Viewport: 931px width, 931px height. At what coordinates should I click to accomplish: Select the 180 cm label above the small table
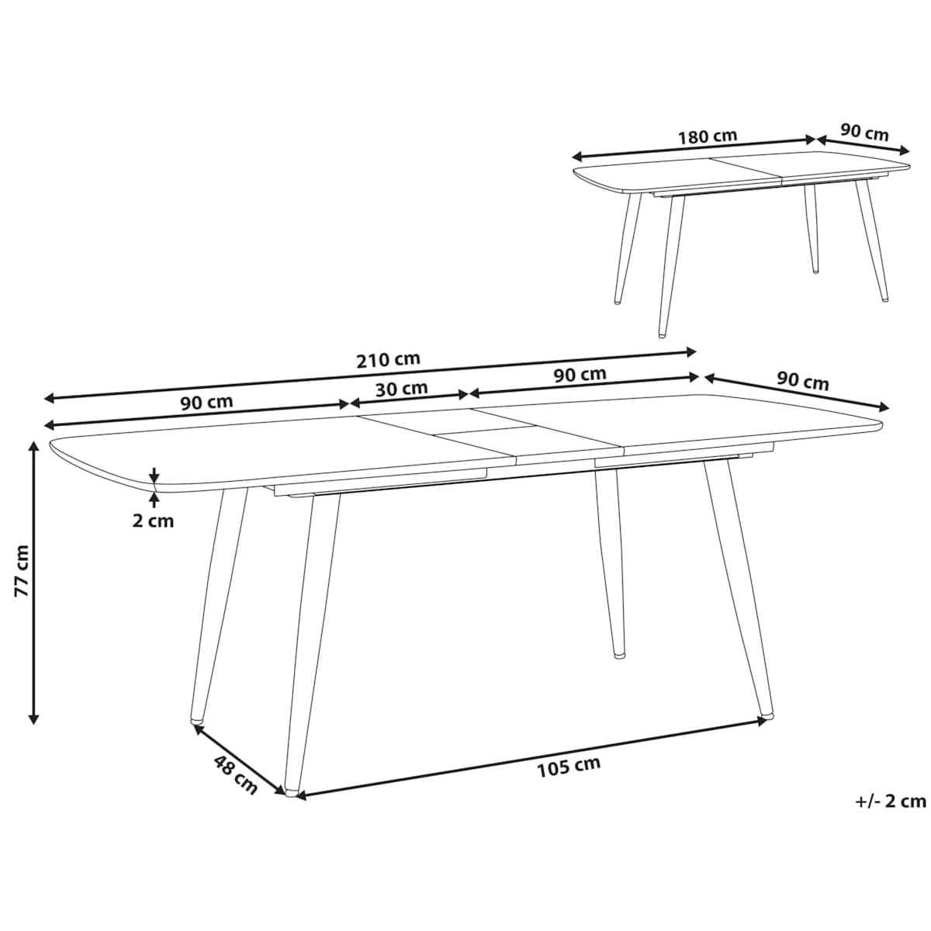(708, 136)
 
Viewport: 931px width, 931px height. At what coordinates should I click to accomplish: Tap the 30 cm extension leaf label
(401, 388)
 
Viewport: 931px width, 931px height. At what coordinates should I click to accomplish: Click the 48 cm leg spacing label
(234, 774)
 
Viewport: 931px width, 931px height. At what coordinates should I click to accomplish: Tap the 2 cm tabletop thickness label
(152, 521)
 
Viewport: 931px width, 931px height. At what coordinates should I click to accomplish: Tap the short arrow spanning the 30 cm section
(410, 399)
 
